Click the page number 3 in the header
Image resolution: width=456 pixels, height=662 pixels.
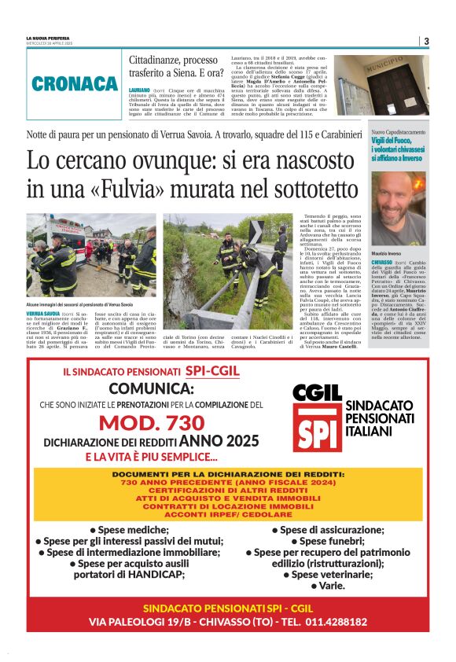425,42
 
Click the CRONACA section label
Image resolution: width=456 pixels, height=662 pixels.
75,84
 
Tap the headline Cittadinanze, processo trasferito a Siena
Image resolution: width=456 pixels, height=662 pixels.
174,66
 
